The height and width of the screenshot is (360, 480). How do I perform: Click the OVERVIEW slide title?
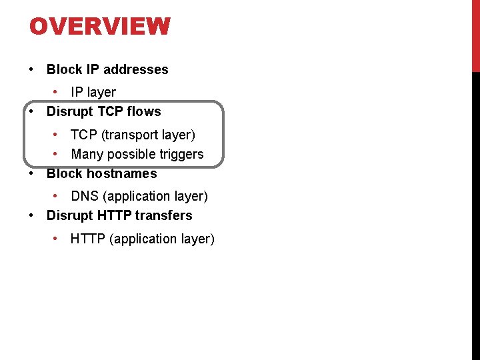[x=100, y=27]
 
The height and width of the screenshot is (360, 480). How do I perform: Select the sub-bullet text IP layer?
[x=93, y=92]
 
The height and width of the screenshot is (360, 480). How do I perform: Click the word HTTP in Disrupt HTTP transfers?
[x=115, y=215]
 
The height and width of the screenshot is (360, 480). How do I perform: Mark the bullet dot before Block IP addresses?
[x=32, y=69]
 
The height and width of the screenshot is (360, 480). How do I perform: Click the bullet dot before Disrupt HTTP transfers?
[x=32, y=215]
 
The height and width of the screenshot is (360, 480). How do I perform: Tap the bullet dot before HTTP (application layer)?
[x=57, y=239]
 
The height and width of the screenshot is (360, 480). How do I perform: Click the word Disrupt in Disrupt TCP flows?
[x=69, y=111]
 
